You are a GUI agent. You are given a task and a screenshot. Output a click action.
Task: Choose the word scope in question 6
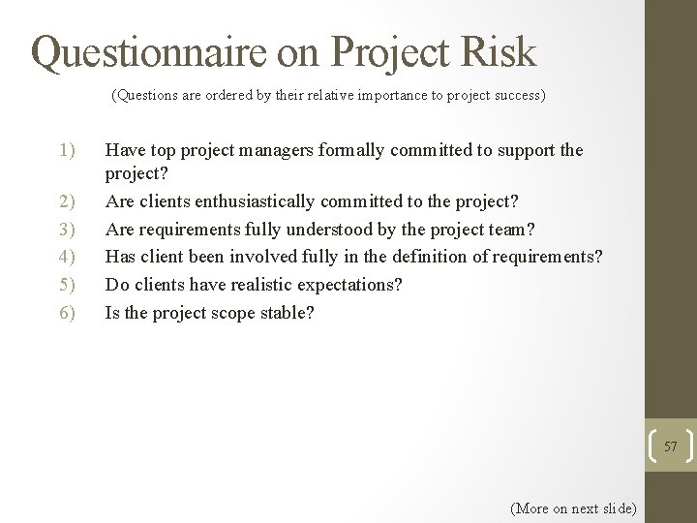(x=231, y=314)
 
